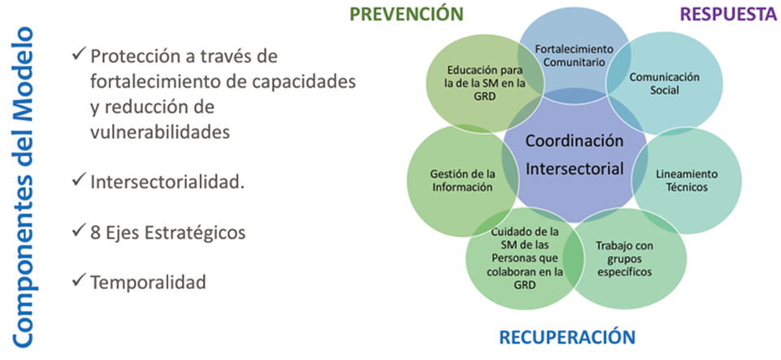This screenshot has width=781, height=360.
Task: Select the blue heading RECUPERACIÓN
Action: [567, 337]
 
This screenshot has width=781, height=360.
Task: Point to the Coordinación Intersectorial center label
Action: [575, 155]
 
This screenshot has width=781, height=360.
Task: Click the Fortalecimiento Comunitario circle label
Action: [575, 56]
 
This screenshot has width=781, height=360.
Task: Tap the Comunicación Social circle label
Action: [665, 83]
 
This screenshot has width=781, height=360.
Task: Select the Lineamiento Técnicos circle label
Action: [687, 180]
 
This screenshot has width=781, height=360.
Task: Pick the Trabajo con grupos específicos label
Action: [624, 259]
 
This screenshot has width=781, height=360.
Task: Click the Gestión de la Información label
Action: [462, 180]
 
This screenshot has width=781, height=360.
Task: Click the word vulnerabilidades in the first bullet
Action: [160, 132]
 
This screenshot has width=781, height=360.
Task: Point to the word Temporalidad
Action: [148, 282]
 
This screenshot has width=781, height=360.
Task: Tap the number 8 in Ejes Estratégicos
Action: [94, 232]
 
